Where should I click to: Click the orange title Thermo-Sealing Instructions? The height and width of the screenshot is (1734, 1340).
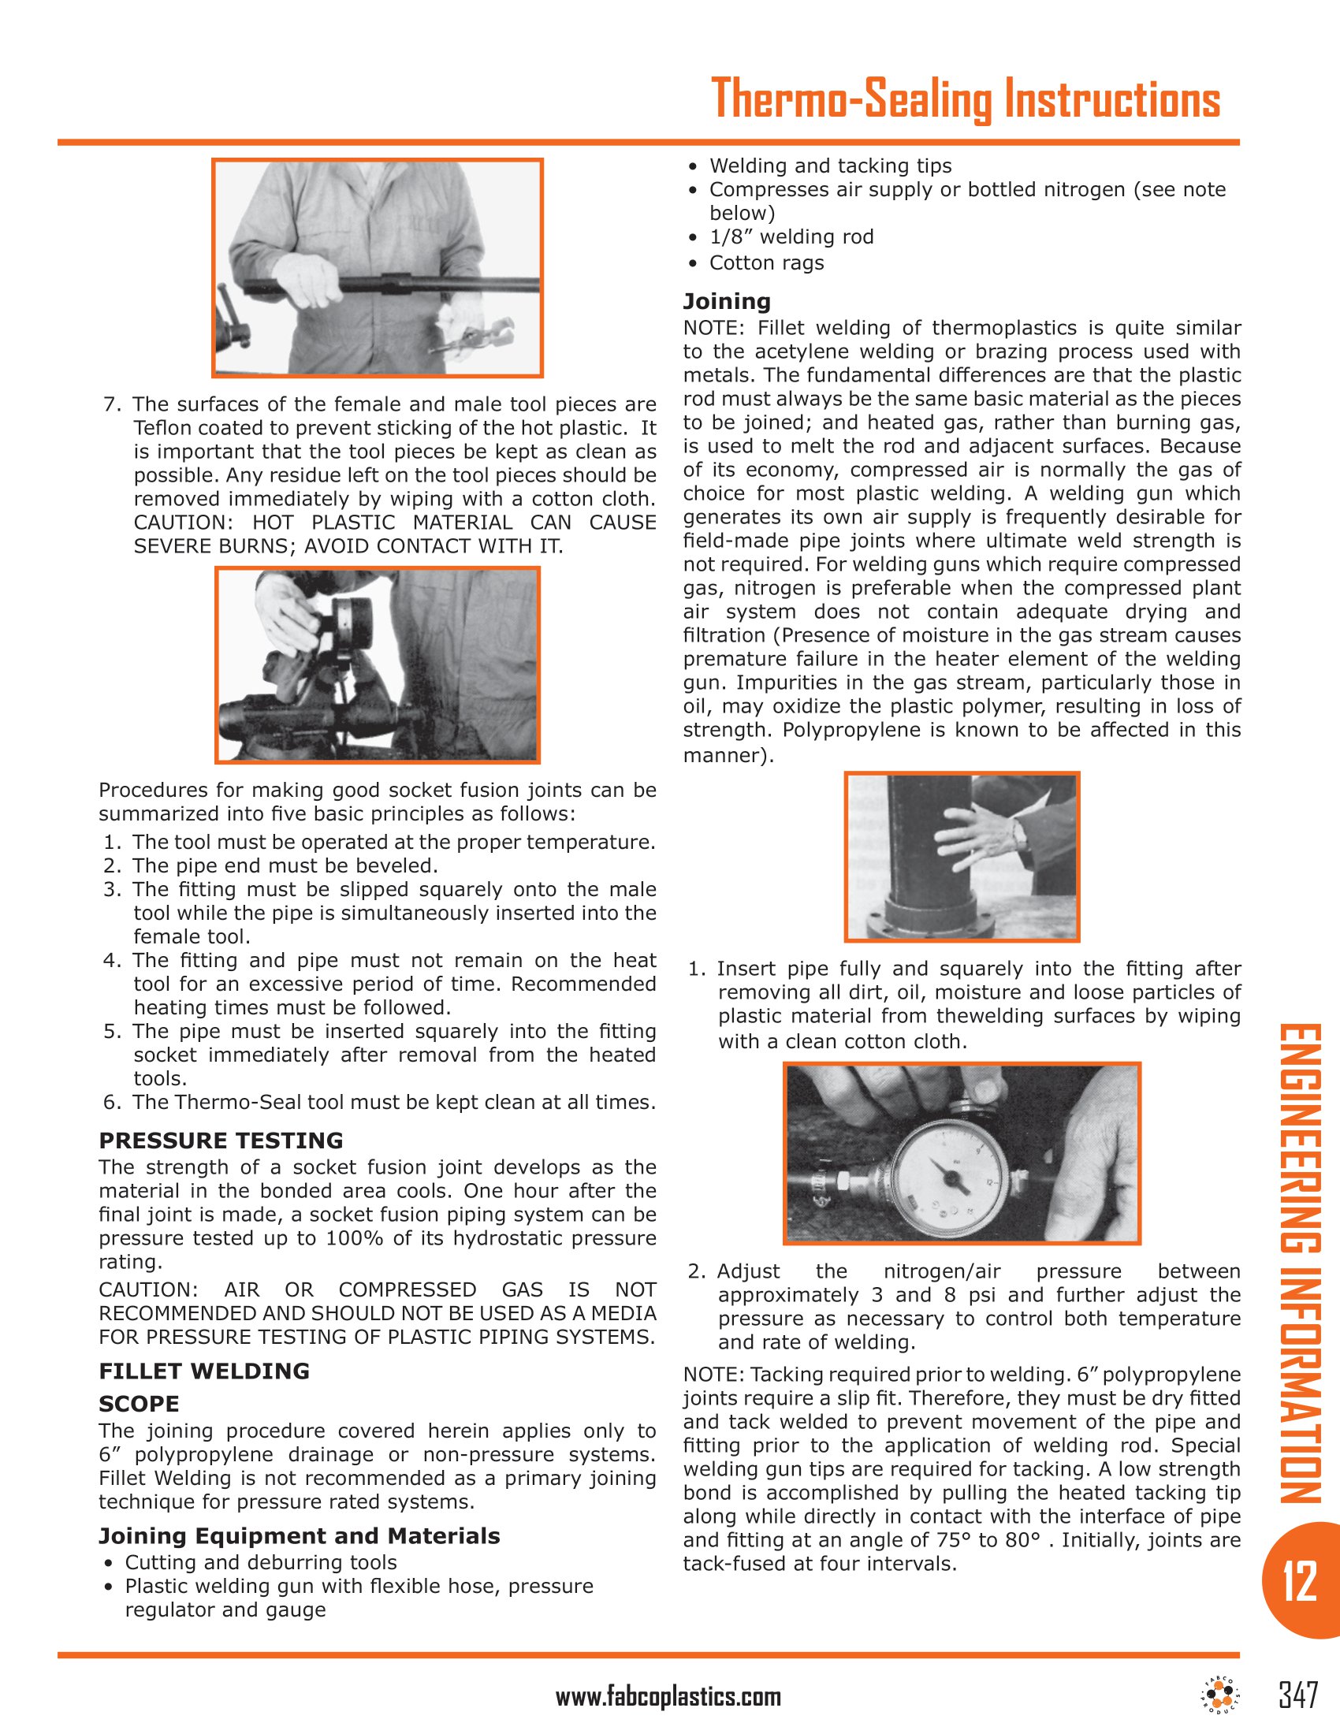[966, 99]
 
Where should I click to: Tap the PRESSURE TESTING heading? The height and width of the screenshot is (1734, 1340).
[221, 1140]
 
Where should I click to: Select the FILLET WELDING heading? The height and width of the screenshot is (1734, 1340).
[204, 1371]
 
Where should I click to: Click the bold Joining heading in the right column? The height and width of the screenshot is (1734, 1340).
[728, 301]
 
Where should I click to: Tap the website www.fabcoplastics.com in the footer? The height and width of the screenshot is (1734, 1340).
[668, 1698]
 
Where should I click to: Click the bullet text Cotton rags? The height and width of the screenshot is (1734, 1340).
[766, 262]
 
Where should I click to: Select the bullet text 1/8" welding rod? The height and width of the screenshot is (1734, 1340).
[791, 236]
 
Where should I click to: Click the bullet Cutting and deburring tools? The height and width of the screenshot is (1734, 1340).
[260, 1562]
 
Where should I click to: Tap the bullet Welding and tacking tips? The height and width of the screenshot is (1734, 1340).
[829, 166]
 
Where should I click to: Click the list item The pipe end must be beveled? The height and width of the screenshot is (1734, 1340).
[285, 865]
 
